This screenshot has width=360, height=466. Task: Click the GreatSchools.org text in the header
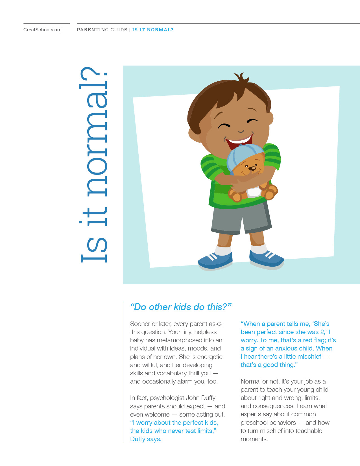(x=42, y=30)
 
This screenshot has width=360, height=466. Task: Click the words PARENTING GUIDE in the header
(x=102, y=30)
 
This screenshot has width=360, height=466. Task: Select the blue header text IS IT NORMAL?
(x=153, y=30)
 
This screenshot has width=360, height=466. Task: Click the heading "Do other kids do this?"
(x=181, y=307)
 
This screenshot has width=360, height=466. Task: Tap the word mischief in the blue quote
(x=308, y=357)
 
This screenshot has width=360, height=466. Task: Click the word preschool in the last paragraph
(x=254, y=423)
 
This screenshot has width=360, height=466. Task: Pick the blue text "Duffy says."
(x=146, y=439)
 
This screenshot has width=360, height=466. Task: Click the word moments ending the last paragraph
(x=254, y=439)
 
